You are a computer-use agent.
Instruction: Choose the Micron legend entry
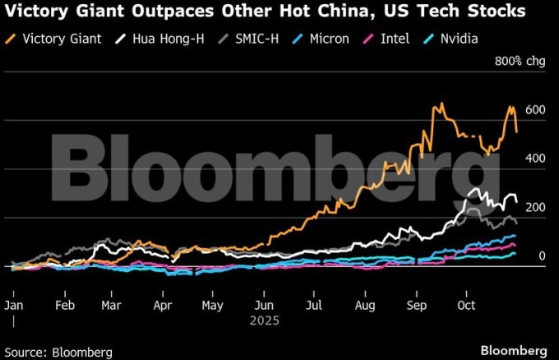(321, 39)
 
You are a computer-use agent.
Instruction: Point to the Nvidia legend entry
(458, 39)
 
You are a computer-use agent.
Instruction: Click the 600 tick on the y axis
(536, 110)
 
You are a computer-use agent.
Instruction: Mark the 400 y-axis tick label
(536, 159)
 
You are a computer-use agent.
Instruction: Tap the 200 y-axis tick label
(536, 208)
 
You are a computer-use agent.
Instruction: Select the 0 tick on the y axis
(543, 256)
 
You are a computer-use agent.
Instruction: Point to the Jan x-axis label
(15, 305)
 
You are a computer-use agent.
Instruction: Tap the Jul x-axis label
(312, 305)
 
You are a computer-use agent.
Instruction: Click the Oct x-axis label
(467, 305)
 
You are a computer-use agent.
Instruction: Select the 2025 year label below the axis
(265, 321)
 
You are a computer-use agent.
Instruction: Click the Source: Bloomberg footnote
(58, 351)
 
